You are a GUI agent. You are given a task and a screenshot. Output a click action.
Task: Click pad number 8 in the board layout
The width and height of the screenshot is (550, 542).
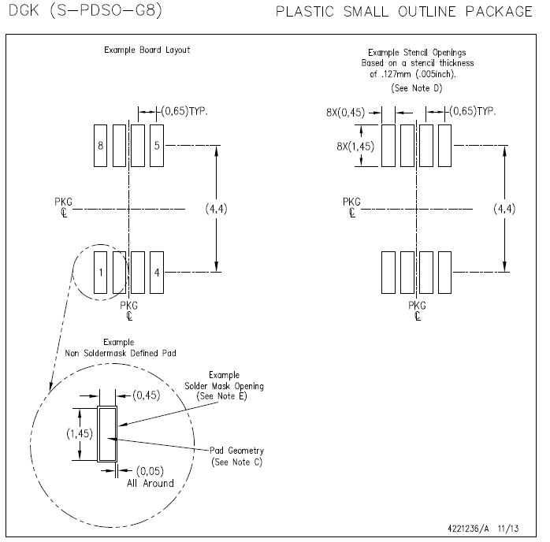pos(100,146)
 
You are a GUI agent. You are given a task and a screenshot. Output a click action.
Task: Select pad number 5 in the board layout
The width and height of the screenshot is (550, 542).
pos(157,146)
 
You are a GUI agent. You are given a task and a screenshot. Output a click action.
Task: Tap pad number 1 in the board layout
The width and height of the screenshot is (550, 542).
pos(100,273)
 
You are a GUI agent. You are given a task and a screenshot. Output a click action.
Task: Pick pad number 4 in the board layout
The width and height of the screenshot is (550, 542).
pos(157,273)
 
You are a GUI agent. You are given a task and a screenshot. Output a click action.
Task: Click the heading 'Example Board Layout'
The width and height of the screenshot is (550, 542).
pos(147,50)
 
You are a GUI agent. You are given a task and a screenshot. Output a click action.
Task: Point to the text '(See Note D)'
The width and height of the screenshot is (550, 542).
pos(417,88)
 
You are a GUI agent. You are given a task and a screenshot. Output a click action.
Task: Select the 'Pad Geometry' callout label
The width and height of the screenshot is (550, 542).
pos(236,451)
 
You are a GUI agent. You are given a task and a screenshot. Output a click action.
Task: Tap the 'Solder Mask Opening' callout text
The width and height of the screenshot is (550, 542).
pos(224,386)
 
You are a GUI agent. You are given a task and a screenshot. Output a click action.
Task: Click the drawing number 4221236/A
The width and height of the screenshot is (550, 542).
pos(468,529)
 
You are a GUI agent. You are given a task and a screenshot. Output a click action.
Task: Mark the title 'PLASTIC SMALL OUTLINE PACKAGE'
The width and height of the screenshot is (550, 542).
pos(404,12)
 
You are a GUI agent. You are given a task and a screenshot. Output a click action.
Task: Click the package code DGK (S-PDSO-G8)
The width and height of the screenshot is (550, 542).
pos(85,10)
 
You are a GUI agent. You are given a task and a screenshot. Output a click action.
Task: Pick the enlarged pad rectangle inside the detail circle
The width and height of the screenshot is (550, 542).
pos(107,434)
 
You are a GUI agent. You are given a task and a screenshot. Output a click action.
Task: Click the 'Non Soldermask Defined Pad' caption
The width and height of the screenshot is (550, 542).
pos(121,353)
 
